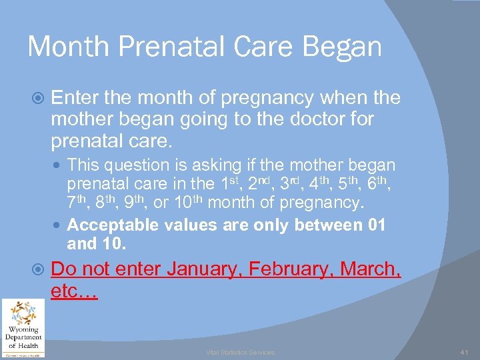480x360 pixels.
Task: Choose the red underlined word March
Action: click(371, 269)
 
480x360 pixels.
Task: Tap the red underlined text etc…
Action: click(74, 292)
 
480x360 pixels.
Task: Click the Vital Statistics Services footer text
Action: click(239, 352)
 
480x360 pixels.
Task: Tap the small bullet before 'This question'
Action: click(58, 165)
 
